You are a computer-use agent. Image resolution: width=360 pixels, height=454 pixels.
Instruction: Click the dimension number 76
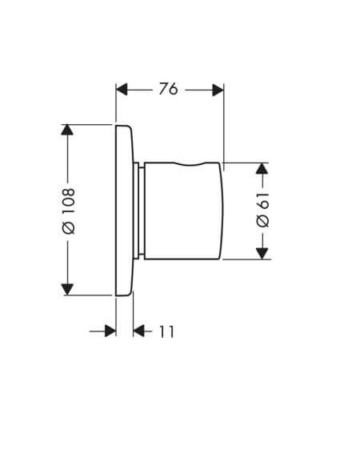[x=168, y=89]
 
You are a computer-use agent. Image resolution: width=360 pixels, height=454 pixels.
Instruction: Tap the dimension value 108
[x=69, y=201]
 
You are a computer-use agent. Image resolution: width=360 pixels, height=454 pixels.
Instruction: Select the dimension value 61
[x=262, y=200]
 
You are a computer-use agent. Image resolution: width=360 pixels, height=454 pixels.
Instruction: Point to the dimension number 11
[x=167, y=331]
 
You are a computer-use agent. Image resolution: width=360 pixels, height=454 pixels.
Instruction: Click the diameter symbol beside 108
[x=69, y=227]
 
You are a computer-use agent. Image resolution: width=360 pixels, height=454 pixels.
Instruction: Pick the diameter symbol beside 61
[x=262, y=221]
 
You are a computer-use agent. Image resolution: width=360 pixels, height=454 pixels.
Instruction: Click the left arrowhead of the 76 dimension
[x=122, y=90]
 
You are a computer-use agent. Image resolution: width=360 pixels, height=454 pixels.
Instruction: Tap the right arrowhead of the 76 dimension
[x=218, y=90]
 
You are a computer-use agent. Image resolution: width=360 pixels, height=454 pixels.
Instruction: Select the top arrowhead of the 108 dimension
[x=67, y=130]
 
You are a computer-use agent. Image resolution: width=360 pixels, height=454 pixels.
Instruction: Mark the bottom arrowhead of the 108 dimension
[x=67, y=290]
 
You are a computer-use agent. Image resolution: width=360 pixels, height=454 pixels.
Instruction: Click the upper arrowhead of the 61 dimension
[x=262, y=168]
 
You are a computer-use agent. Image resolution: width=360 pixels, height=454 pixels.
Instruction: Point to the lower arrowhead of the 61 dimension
[x=262, y=254]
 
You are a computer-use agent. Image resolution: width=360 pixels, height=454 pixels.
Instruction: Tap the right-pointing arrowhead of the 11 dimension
[x=110, y=331]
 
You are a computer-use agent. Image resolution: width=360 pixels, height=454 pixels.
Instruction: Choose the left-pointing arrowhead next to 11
[x=139, y=331]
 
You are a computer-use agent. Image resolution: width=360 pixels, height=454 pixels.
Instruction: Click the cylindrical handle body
[x=184, y=211]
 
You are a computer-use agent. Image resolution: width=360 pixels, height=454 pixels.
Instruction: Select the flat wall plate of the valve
[x=125, y=211]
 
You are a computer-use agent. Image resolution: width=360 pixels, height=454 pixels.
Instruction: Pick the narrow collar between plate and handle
[x=139, y=211]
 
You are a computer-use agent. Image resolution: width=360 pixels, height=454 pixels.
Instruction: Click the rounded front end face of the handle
[x=222, y=211]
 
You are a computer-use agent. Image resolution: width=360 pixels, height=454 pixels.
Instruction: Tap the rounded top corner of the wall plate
[x=129, y=127]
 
